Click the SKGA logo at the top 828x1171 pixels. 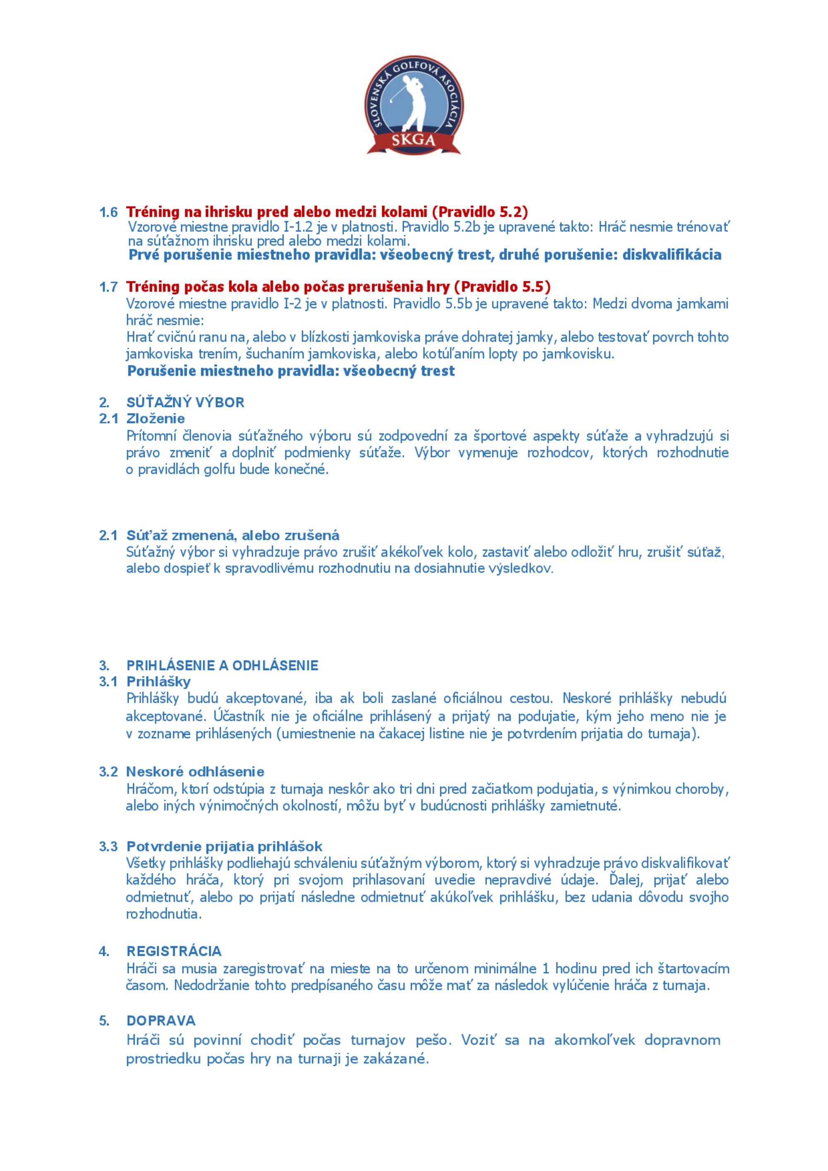[414, 105]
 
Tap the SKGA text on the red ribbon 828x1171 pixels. [413, 140]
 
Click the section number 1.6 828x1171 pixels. [108, 212]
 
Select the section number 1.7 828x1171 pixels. [108, 287]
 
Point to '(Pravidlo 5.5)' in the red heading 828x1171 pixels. [502, 286]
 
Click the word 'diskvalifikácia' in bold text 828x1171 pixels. [672, 255]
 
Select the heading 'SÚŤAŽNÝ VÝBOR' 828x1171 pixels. [185, 402]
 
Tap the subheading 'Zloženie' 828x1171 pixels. [156, 419]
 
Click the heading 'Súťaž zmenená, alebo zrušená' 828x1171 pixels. [233, 536]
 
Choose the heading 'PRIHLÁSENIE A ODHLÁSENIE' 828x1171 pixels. [222, 666]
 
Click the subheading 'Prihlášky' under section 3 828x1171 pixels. [159, 682]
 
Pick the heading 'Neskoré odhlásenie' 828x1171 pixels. [195, 772]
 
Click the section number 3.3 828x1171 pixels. [108, 846]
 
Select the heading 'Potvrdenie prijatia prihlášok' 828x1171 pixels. [224, 846]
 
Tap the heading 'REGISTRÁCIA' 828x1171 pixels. [174, 951]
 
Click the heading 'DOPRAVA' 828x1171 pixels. [161, 1021]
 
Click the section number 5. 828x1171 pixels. [104, 1021]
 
